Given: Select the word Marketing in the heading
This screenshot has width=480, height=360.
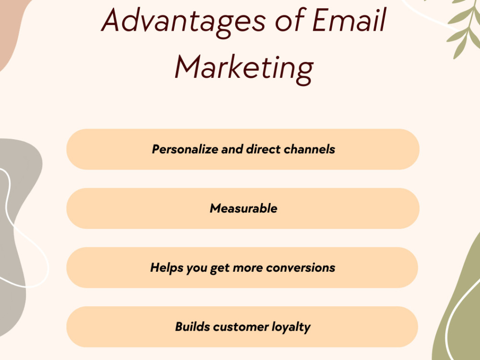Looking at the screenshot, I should (x=244, y=67).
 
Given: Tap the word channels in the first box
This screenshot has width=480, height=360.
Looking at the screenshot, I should (x=309, y=149).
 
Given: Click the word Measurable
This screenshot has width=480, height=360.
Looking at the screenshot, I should (x=243, y=208).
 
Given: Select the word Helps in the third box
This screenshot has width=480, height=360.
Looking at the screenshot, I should (x=164, y=267).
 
